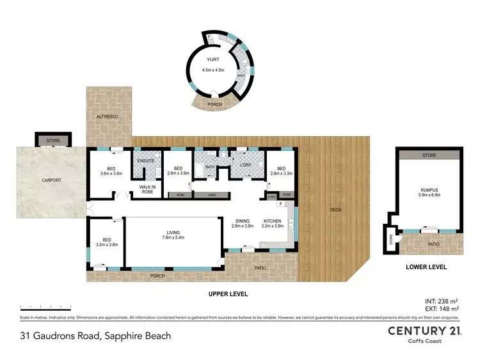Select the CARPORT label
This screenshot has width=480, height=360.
tap(52, 180)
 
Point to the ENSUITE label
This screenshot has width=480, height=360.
tap(147, 160)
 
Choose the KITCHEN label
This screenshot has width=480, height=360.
tap(273, 220)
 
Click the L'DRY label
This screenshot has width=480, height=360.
tap(246, 166)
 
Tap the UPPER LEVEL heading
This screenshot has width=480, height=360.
tap(228, 294)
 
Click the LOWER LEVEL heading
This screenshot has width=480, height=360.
tap(426, 267)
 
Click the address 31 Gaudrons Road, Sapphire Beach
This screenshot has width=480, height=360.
tap(95, 335)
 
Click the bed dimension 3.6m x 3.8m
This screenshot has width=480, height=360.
tap(111, 173)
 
